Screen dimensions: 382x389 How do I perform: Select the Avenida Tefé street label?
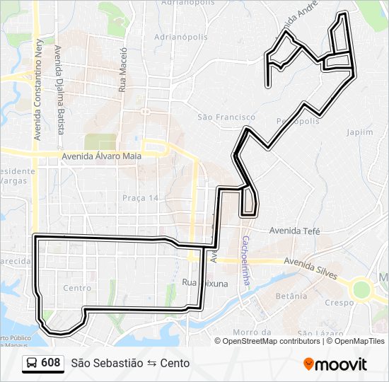[x=294, y=231]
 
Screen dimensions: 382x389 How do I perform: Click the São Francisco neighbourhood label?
[x=226, y=117]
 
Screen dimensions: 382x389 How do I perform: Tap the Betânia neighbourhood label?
[x=292, y=296]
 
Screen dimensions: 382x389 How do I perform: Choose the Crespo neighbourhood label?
[x=339, y=302]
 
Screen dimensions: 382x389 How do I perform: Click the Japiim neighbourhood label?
[x=360, y=132]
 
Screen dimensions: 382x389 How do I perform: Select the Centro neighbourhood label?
[x=77, y=288]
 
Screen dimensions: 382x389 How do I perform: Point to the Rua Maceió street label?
[x=122, y=69]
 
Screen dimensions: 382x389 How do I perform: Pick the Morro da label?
[x=252, y=332]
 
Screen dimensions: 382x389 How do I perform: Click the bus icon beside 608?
[x=32, y=363]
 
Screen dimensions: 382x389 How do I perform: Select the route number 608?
[x=51, y=363]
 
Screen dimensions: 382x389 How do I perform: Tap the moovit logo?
[x=335, y=364]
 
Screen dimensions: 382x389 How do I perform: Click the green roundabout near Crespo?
[x=361, y=289]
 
